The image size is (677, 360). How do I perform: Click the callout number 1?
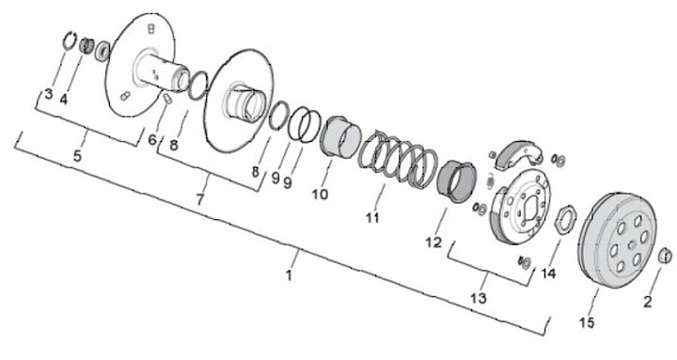290,275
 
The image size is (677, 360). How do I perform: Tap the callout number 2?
648,302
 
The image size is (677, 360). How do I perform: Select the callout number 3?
48,95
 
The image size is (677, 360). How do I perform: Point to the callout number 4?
64,101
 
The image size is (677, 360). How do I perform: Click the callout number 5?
77,156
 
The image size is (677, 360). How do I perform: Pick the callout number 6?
152,140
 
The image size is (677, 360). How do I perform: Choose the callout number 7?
199,199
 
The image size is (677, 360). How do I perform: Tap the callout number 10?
320,195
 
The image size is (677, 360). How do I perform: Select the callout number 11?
372,217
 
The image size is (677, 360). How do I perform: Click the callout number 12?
433,243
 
